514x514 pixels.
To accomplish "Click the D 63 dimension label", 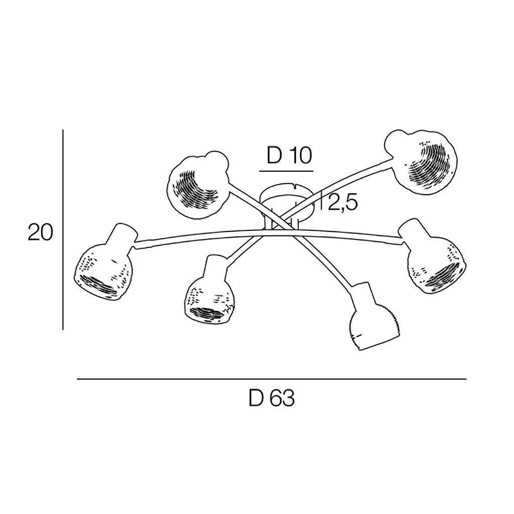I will [x=272, y=399].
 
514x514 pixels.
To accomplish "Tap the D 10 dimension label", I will [x=289, y=156].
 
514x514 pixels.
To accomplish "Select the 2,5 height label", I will [x=343, y=203].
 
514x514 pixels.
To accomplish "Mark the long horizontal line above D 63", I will [x=272, y=379].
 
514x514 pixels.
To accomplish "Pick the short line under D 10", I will [x=286, y=172].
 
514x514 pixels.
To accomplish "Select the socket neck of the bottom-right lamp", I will [x=362, y=296].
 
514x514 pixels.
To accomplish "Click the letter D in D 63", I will [x=255, y=399].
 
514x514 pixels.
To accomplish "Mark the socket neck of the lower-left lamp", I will [x=214, y=267].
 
